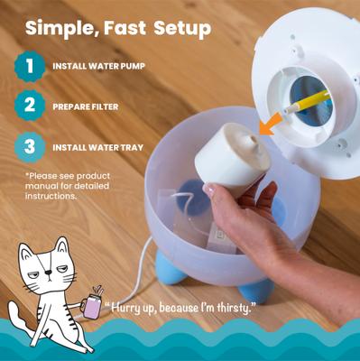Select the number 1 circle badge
click(x=29, y=66)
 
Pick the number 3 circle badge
click(x=29, y=147)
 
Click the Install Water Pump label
click(x=98, y=67)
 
